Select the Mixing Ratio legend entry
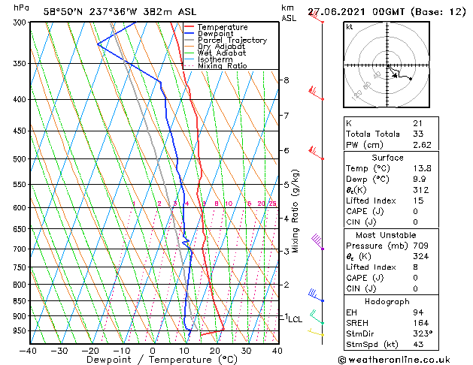(x=222, y=66)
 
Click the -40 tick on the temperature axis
(x=29, y=351)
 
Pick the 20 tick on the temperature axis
(x=214, y=351)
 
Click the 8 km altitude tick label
(x=287, y=80)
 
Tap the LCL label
(x=295, y=319)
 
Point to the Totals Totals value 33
(x=417, y=134)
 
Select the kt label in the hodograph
(x=350, y=27)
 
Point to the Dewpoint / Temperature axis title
(x=153, y=360)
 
